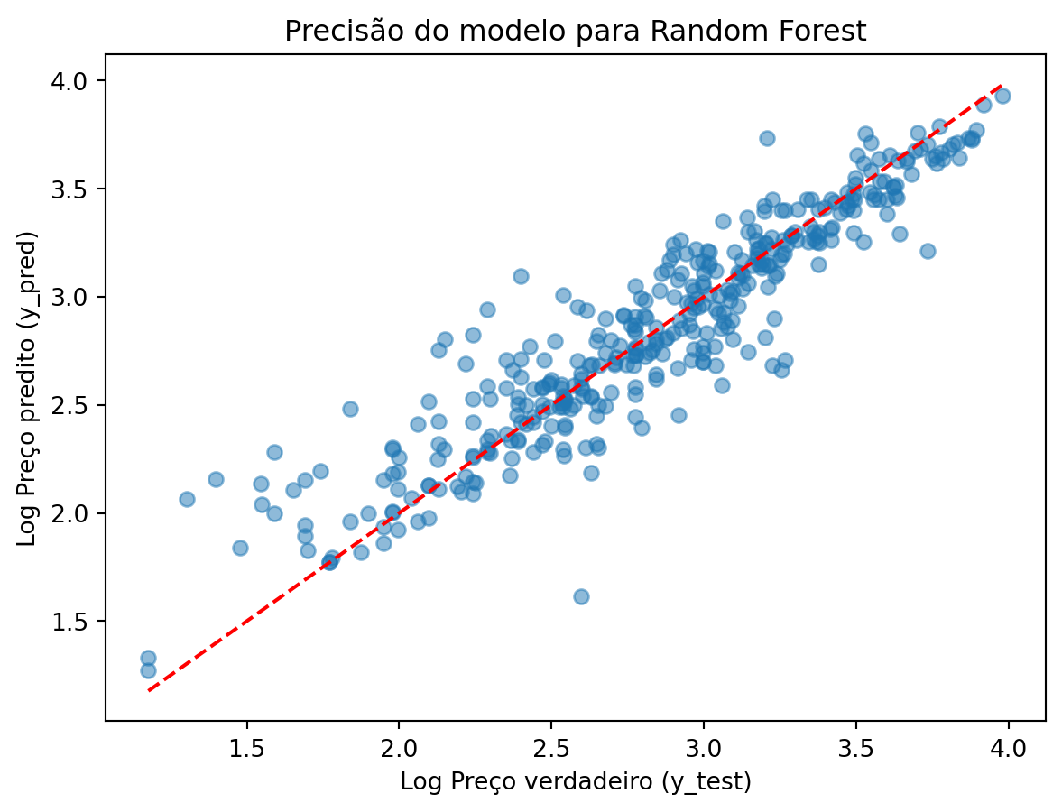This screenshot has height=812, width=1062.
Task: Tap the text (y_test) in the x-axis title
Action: tap(706, 781)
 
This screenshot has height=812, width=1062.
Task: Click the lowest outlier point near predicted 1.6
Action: tap(581, 596)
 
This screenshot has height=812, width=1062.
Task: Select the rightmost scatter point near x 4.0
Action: tap(1002, 96)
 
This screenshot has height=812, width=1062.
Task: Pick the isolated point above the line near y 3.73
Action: tap(767, 138)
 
